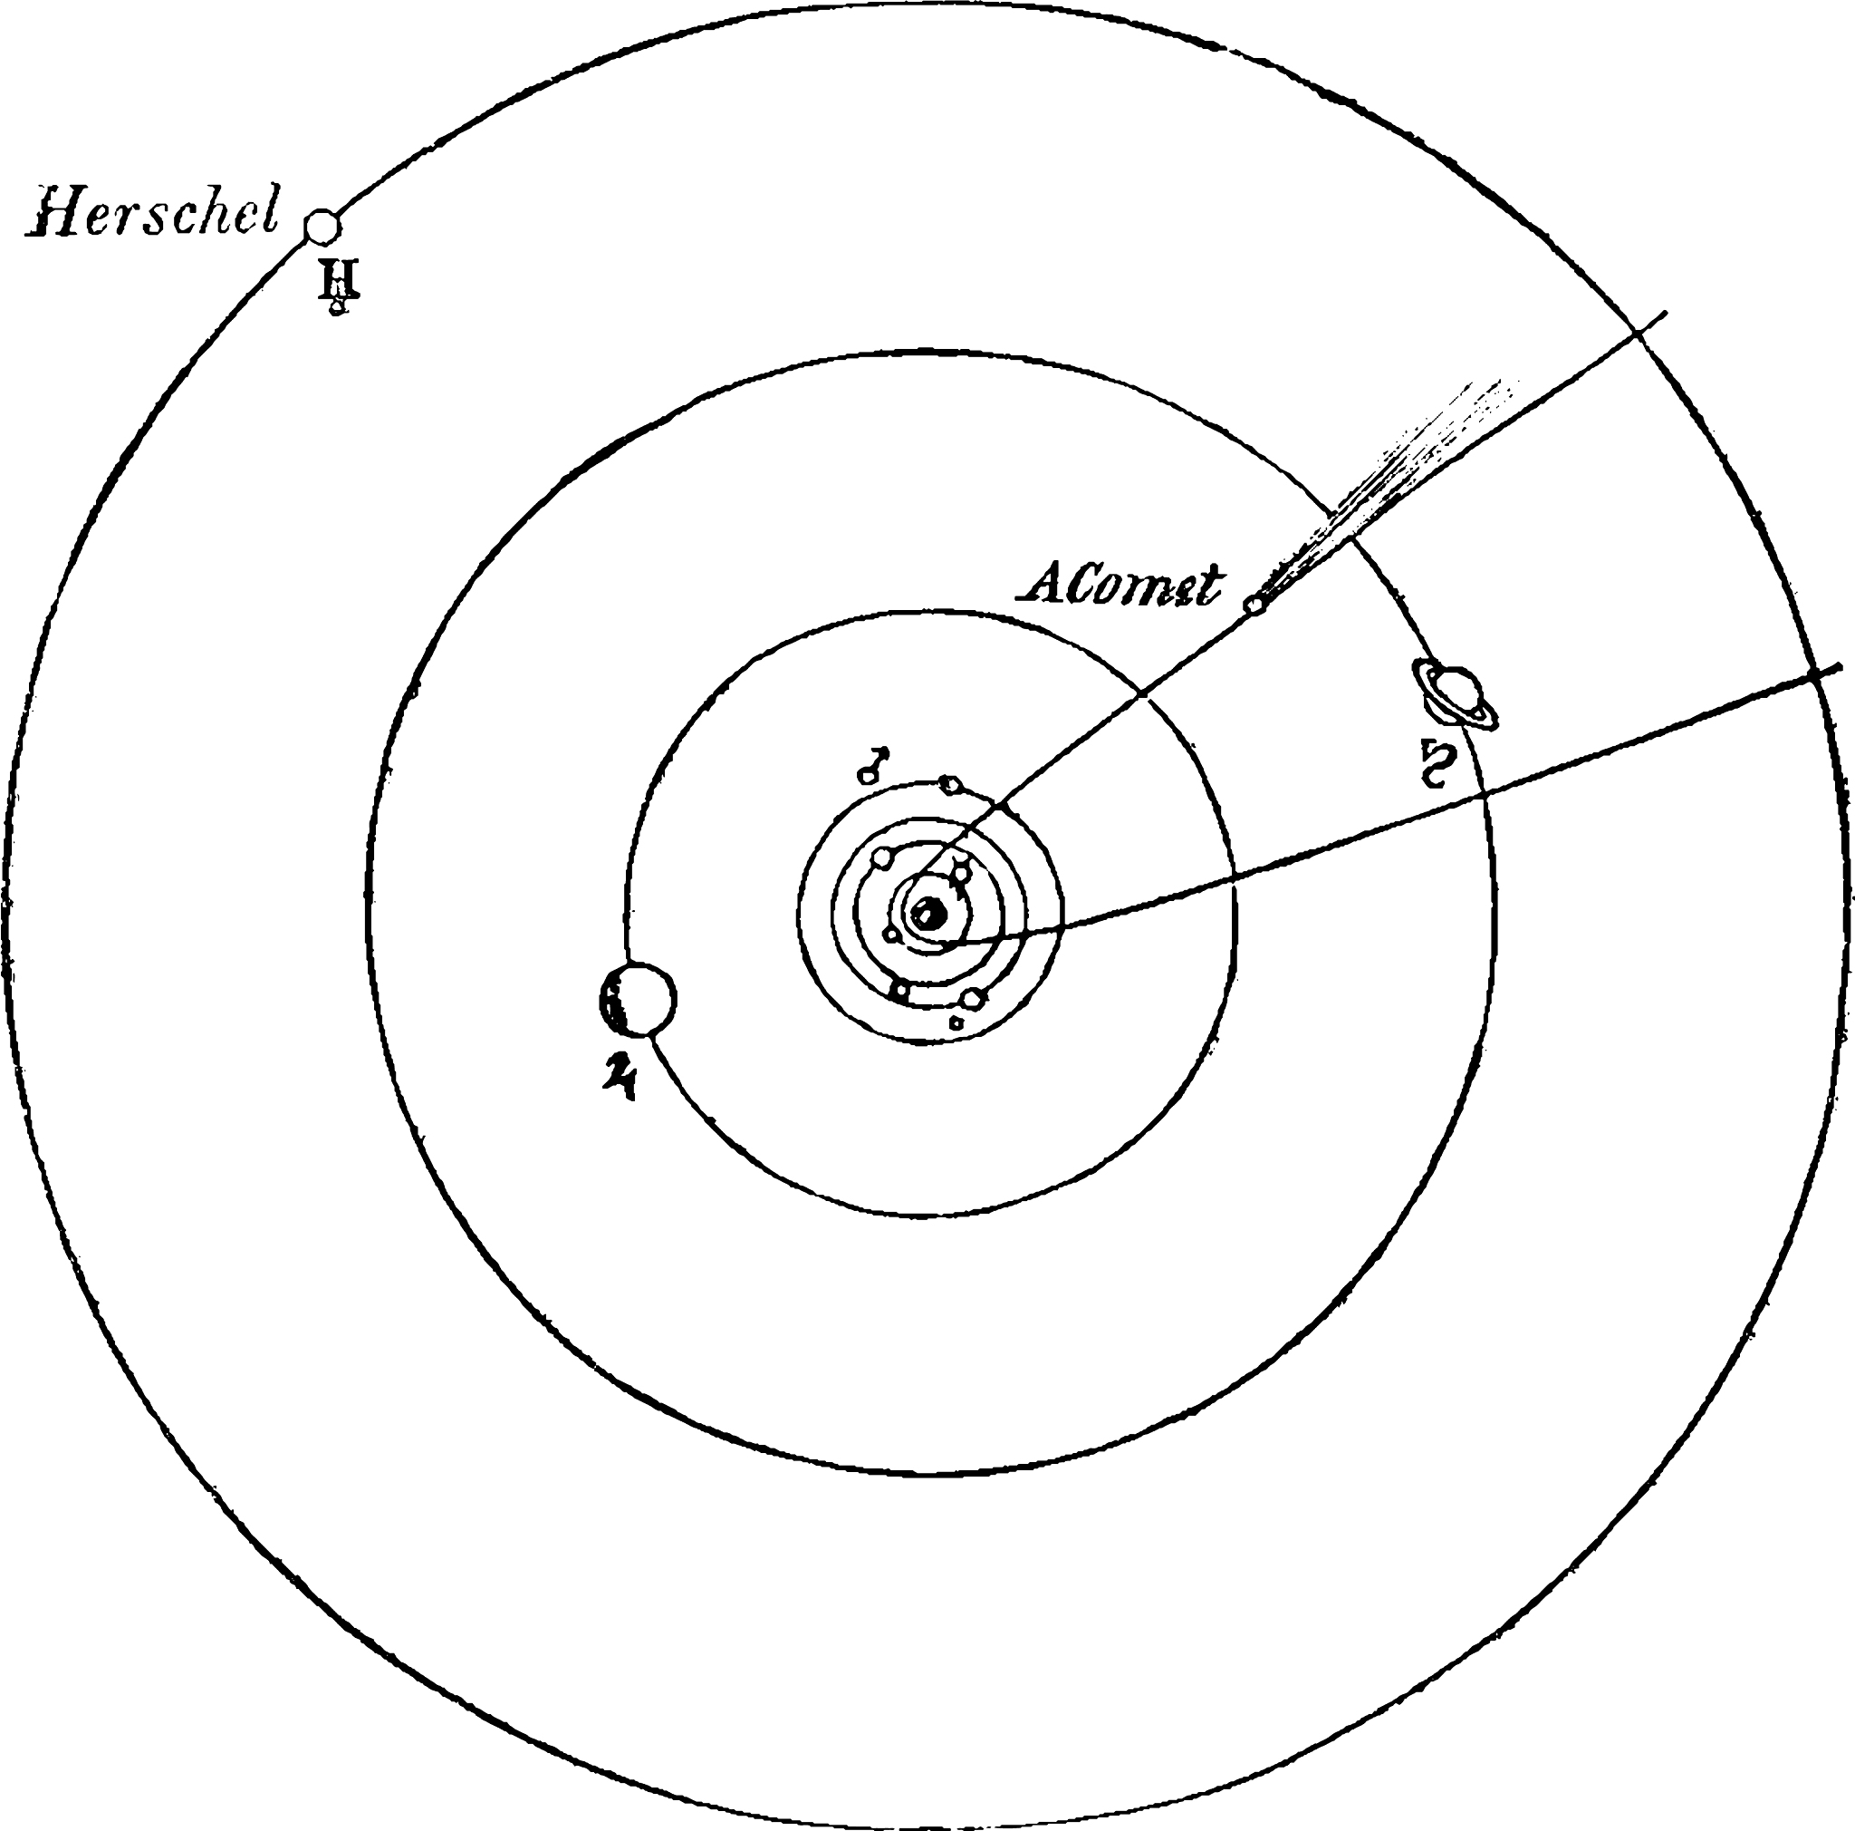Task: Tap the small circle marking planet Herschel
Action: tap(322, 228)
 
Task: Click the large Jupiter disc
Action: tap(638, 1000)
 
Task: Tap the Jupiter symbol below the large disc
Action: tap(620, 1073)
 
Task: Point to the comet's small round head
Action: tap(1253, 605)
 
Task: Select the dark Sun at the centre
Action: tap(928, 914)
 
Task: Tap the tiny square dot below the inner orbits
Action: tap(956, 1022)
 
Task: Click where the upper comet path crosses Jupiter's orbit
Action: tap(1139, 692)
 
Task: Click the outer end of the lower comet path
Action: tap(1841, 667)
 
